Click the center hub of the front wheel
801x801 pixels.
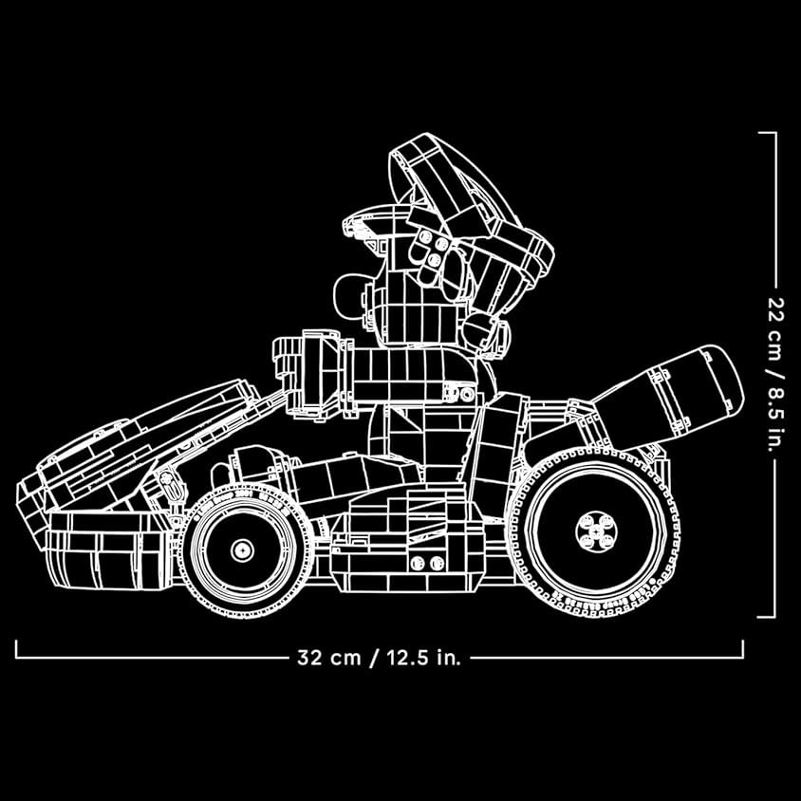click(242, 550)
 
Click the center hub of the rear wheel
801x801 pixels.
click(596, 531)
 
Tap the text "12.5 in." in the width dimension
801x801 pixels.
click(423, 657)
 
